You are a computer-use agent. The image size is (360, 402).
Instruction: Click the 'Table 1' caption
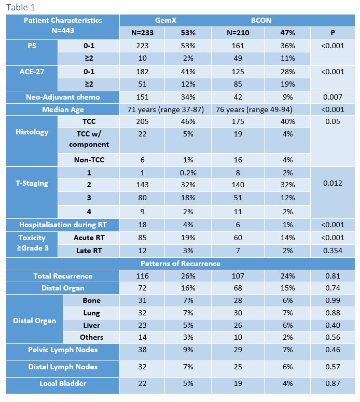click(21, 7)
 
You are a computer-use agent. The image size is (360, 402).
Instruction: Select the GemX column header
click(165, 20)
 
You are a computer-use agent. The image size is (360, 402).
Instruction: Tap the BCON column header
click(261, 20)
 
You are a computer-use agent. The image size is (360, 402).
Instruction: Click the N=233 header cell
click(142, 33)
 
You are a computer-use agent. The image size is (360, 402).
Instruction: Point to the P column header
click(333, 33)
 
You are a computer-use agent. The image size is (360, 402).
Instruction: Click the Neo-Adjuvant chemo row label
click(63, 97)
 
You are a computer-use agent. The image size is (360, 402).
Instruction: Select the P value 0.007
click(333, 97)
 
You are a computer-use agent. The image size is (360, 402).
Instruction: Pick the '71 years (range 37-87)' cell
click(165, 110)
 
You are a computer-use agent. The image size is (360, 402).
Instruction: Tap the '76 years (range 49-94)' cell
click(254, 110)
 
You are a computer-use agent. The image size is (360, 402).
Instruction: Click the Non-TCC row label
click(89, 160)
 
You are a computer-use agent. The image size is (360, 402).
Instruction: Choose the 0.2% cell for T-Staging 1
click(188, 173)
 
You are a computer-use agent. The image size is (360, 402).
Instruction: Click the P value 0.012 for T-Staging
click(333, 183)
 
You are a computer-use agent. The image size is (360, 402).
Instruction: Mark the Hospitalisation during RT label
click(63, 225)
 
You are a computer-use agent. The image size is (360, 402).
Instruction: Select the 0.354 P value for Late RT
click(333, 251)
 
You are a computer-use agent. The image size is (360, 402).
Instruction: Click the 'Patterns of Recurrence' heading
click(181, 264)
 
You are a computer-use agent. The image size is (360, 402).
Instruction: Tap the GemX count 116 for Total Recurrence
click(142, 276)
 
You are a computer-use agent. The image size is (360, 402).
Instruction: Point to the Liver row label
click(91, 325)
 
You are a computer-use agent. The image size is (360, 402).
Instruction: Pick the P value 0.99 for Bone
click(333, 300)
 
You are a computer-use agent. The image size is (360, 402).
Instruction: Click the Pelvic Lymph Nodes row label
click(63, 350)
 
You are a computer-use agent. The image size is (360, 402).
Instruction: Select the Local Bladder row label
click(63, 383)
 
